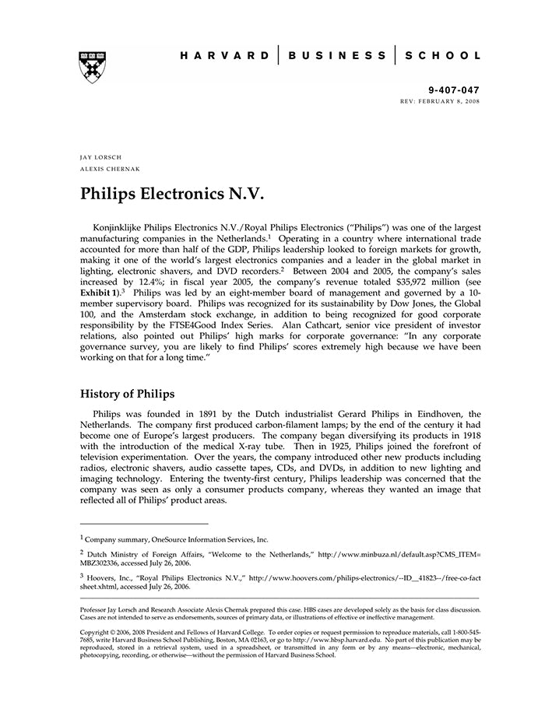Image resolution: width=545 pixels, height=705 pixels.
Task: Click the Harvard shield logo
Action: [92, 66]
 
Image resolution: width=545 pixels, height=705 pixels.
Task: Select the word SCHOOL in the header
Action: [446, 56]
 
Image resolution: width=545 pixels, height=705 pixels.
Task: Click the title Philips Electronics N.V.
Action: [173, 192]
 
